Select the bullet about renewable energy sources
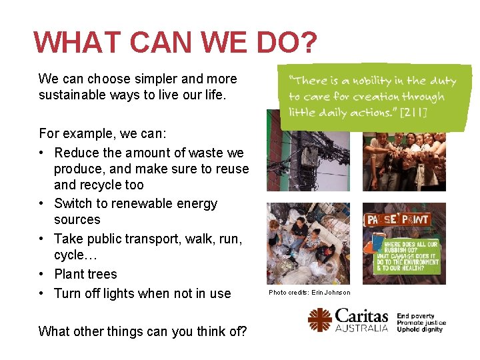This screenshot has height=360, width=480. click(135, 203)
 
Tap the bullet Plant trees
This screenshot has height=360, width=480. click(85, 274)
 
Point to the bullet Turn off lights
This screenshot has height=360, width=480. click(142, 293)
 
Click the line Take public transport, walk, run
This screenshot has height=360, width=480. click(147, 239)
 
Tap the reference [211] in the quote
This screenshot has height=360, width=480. click(415, 112)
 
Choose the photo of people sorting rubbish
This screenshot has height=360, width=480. click(307, 243)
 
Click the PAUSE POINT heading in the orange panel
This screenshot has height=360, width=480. click(396, 219)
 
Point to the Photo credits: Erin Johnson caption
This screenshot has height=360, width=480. click(309, 293)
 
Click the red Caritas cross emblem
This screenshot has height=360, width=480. click(320, 320)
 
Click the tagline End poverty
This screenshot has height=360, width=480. click(415, 316)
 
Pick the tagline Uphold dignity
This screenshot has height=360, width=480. click(420, 329)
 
